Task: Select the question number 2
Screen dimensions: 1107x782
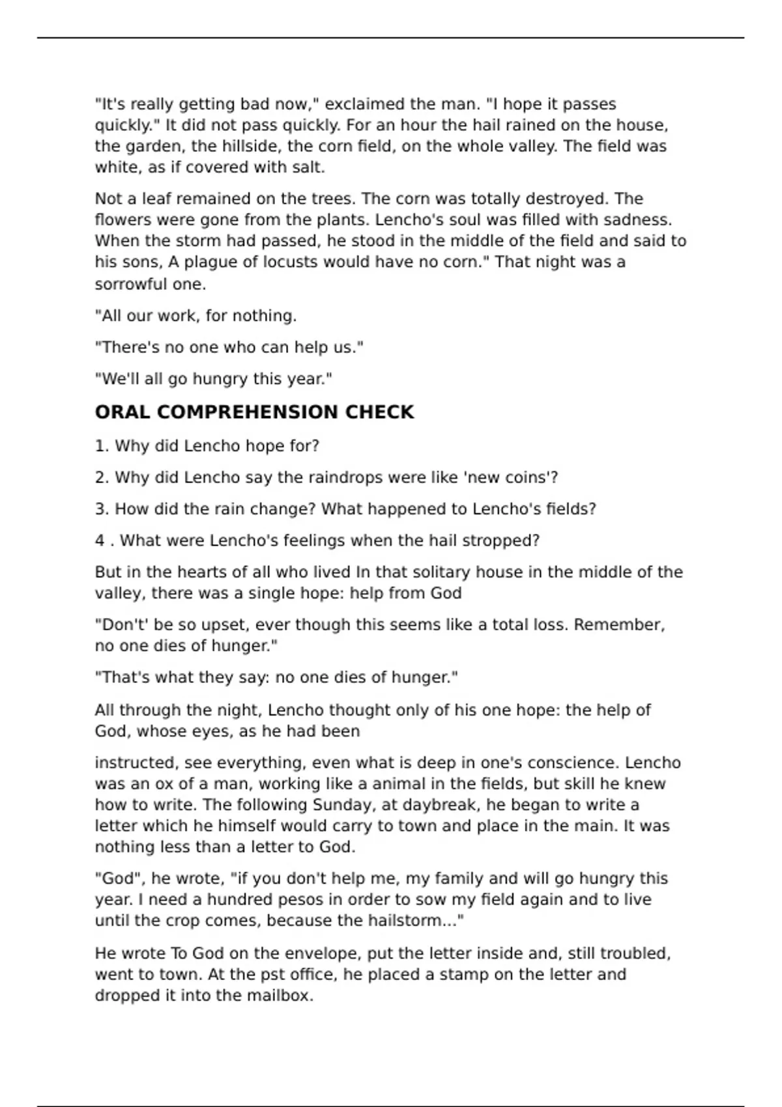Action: (100, 478)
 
